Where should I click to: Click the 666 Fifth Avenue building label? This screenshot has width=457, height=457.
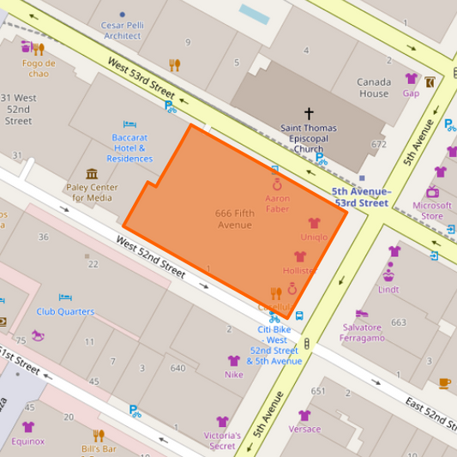tap(233, 219)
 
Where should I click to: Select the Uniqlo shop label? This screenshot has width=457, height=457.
tap(313, 238)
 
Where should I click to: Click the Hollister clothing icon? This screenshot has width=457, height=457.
tap(299, 256)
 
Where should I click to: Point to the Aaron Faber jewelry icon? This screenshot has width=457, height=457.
tap(277, 184)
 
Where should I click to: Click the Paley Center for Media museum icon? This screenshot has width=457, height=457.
tap(92, 174)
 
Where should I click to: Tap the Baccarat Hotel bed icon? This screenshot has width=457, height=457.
tap(129, 124)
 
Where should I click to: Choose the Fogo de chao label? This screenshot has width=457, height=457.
tap(39, 69)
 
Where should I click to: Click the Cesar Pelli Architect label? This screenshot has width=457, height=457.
tap(122, 31)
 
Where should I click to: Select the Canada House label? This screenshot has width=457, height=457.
tap(373, 88)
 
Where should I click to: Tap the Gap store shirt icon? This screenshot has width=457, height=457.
tap(411, 79)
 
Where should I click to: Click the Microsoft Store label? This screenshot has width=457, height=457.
tap(432, 211)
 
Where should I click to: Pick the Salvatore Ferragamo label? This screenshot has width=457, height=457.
tap(362, 333)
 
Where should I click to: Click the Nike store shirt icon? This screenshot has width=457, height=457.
tap(233, 361)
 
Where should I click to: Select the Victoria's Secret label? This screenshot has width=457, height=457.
tap(222, 440)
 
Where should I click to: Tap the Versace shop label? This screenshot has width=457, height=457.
tap(304, 429)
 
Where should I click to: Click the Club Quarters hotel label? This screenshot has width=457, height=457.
tap(65, 311)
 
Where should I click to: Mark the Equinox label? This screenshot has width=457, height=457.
tap(28, 442)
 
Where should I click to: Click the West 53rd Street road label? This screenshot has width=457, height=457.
tap(141, 77)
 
